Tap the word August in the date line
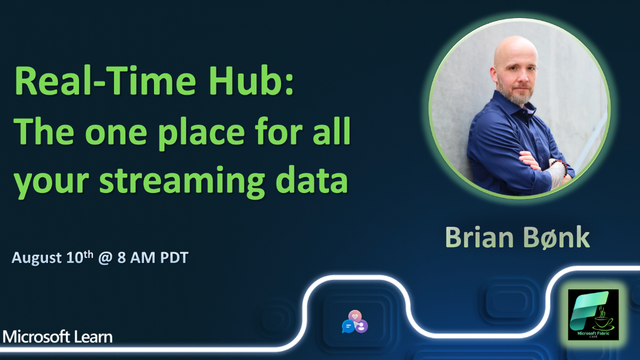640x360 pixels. [x=37, y=258]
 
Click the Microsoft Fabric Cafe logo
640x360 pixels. [x=593, y=314]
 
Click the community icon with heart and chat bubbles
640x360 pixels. [x=355, y=322]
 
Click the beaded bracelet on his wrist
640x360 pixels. [x=562, y=166]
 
